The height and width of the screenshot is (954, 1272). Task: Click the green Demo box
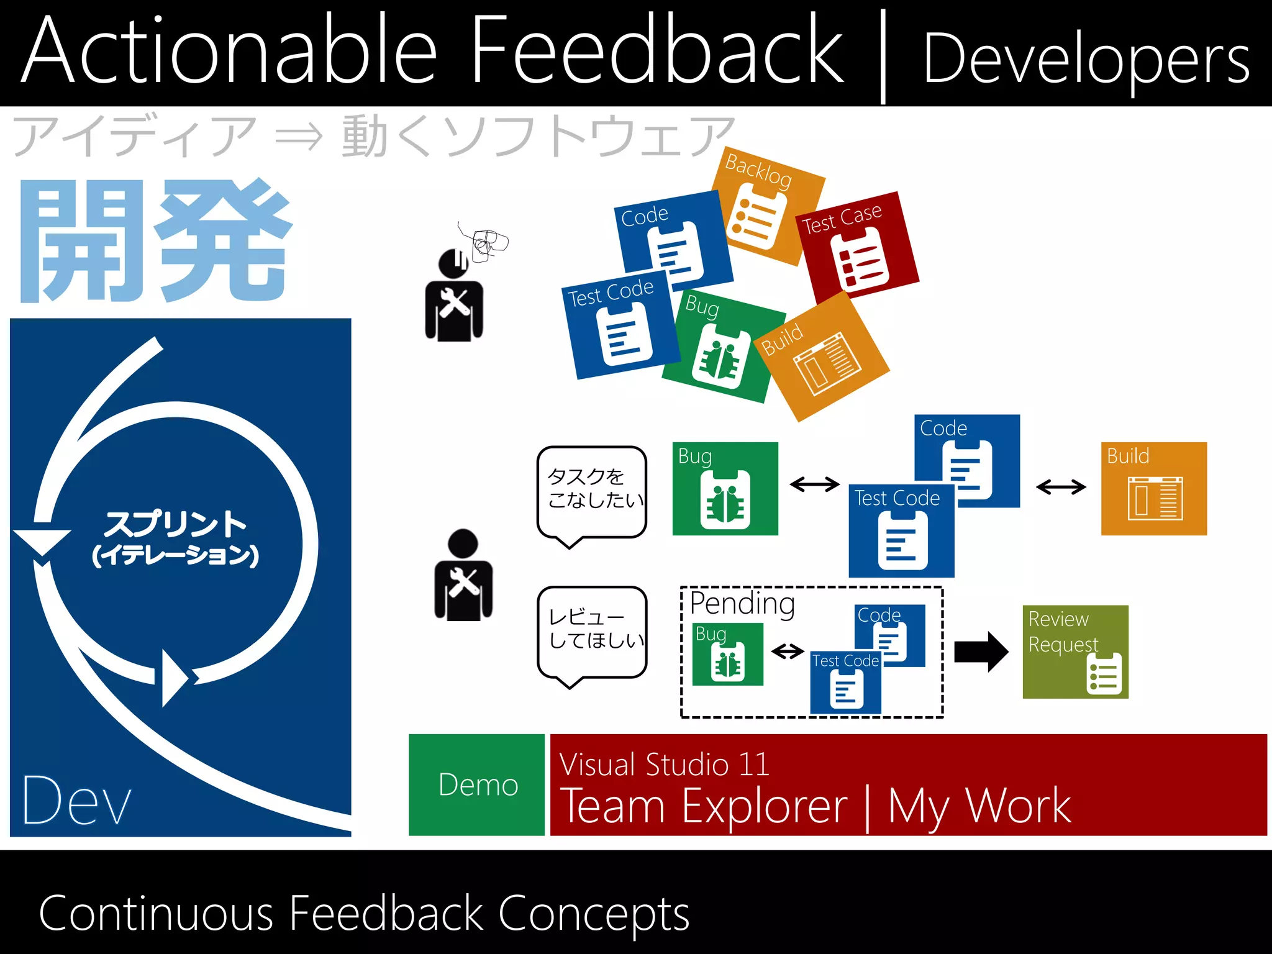click(476, 784)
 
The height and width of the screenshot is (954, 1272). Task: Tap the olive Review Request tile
click(1075, 652)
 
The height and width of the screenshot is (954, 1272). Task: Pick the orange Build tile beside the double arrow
click(1153, 488)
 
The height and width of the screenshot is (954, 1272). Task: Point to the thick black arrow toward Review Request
click(981, 652)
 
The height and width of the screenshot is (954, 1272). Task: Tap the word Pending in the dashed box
click(742, 603)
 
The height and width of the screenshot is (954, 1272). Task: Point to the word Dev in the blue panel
click(77, 801)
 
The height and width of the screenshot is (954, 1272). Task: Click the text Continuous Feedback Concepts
click(364, 914)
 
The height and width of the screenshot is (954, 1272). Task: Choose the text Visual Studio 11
click(664, 764)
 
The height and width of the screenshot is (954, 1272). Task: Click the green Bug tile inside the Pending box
click(727, 655)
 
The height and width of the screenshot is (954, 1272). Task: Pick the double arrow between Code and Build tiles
click(1061, 487)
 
